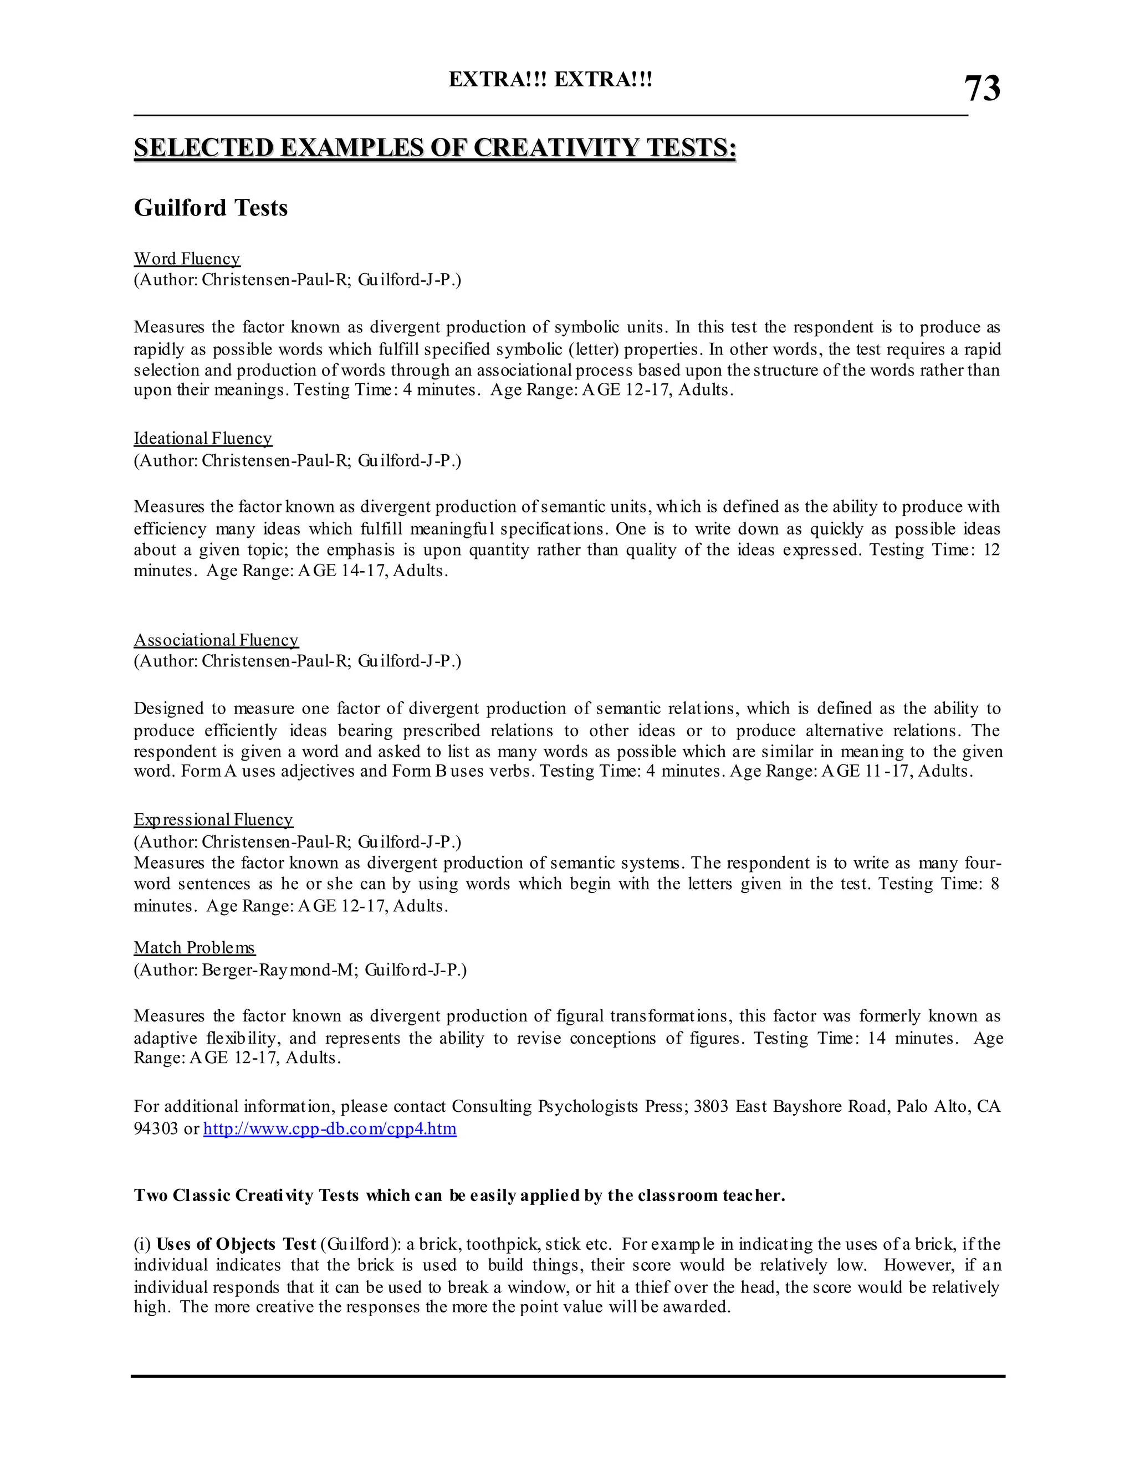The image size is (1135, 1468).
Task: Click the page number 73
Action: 981,89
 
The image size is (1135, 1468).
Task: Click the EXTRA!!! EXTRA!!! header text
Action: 550,80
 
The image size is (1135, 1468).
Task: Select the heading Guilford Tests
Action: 211,208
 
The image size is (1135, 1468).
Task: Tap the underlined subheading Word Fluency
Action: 187,259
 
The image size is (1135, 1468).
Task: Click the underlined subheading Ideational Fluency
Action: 202,438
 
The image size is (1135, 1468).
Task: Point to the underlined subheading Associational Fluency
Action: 216,640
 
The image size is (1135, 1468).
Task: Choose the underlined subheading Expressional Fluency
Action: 213,820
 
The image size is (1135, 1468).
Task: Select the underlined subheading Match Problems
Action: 195,948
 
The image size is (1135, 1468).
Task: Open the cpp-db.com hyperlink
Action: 330,1128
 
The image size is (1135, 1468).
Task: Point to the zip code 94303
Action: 156,1128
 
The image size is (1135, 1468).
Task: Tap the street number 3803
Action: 710,1106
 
